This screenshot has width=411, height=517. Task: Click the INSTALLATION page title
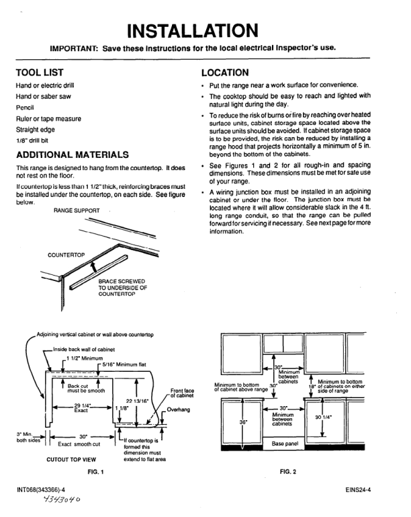click(x=206, y=30)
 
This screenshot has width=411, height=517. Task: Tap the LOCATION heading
click(x=231, y=72)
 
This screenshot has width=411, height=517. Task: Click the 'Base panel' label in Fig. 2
click(x=285, y=443)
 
